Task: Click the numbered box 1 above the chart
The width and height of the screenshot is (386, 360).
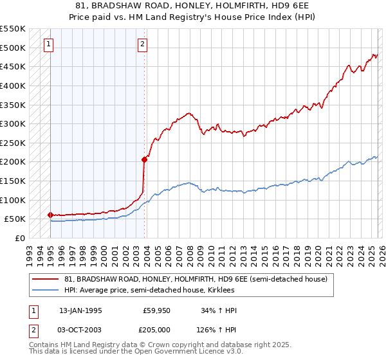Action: point(50,44)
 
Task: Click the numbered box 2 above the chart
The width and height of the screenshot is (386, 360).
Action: point(142,44)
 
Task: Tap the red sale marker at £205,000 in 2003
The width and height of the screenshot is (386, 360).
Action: point(144,160)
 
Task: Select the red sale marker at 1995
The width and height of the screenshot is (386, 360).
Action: point(50,215)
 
